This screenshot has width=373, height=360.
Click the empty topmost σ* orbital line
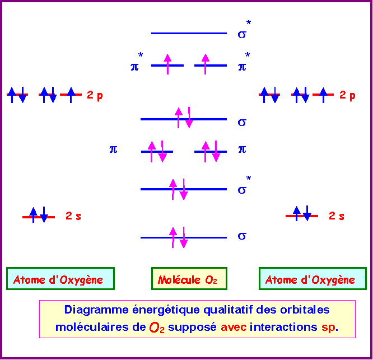click(189, 33)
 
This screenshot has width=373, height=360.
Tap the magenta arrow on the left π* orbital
click(167, 64)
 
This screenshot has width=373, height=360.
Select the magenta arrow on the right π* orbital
click(206, 64)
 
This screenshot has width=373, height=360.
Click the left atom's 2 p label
click(95, 95)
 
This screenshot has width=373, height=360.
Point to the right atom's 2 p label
click(347, 95)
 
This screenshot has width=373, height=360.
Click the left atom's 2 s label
click(73, 216)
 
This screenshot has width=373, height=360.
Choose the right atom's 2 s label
click(337, 216)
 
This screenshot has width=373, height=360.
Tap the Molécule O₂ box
click(189, 278)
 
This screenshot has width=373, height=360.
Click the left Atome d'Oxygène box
click(60, 278)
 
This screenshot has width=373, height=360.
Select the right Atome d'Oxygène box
click(313, 278)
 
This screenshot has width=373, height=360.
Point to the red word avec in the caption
click(234, 327)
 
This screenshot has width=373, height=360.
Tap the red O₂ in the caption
click(157, 328)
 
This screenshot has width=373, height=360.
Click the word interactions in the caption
click(283, 327)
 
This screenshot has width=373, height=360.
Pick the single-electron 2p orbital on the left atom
click(71, 95)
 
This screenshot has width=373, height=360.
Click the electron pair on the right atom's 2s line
click(302, 213)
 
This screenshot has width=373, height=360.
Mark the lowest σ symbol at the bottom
click(242, 236)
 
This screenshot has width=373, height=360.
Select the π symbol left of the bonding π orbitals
click(113, 149)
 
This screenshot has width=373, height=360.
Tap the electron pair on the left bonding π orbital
click(157, 152)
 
